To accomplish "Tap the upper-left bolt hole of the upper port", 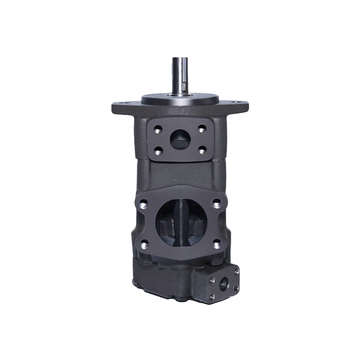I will point(157,129).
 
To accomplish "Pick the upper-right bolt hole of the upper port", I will point(202,128).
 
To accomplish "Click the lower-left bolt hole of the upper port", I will point(157,149).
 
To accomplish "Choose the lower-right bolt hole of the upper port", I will point(202,149).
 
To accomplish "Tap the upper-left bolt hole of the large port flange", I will point(143,205).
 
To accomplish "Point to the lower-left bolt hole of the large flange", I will point(144,244).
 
